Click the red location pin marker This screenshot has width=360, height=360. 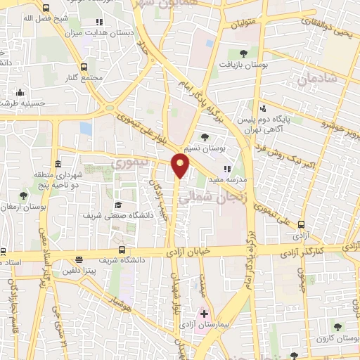181,166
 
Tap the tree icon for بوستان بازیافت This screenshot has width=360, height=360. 243,53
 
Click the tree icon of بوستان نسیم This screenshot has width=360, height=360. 205,137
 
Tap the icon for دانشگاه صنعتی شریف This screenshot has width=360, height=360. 118,205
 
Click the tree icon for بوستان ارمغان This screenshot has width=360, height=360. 23,195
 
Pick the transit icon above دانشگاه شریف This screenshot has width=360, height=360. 122,249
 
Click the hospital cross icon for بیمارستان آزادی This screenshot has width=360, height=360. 205,313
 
